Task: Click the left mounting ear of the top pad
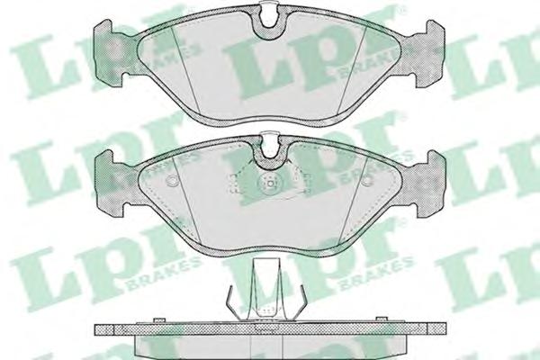click(109, 51)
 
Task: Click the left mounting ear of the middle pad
click(109, 184)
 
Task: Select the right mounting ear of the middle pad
click(430, 184)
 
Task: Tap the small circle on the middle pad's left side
click(171, 180)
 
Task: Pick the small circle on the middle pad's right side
click(368, 180)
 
